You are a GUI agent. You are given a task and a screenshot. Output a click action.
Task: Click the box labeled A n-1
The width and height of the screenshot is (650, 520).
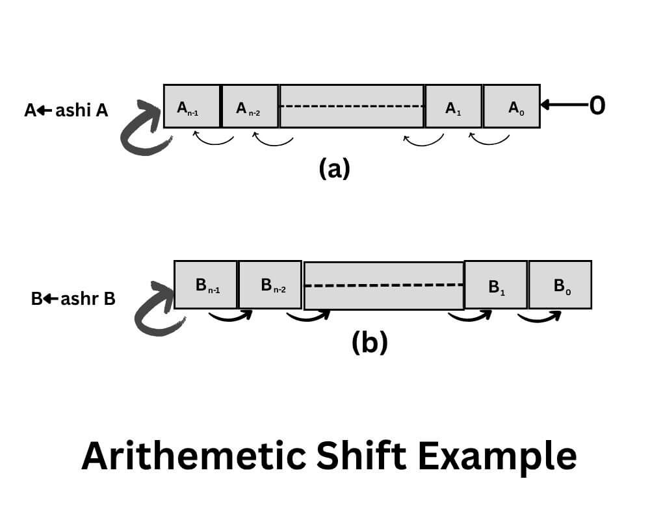click(x=192, y=106)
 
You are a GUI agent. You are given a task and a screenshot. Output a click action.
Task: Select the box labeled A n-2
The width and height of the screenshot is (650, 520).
click(x=250, y=106)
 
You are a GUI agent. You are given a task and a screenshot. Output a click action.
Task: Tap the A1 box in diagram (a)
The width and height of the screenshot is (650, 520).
click(x=453, y=106)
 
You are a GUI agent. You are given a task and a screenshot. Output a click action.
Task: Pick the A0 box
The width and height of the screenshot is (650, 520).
click(x=512, y=106)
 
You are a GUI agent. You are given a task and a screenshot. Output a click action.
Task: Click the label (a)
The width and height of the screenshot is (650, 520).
click(x=334, y=169)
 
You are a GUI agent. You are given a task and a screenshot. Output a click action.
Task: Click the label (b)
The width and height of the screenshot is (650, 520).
click(x=369, y=343)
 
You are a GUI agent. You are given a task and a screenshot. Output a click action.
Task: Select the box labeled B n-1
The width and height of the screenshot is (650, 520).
click(x=206, y=285)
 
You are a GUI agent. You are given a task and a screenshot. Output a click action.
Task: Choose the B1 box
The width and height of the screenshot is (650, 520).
click(x=495, y=285)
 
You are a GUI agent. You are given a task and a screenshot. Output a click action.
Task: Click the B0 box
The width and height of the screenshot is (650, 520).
click(x=560, y=285)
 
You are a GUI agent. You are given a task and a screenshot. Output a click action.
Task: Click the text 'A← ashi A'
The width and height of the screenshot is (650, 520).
click(x=66, y=110)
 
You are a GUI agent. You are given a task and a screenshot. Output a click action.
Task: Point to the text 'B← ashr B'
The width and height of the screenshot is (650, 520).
click(x=73, y=300)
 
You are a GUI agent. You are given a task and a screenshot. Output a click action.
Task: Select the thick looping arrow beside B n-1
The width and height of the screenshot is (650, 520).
click(x=157, y=310)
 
